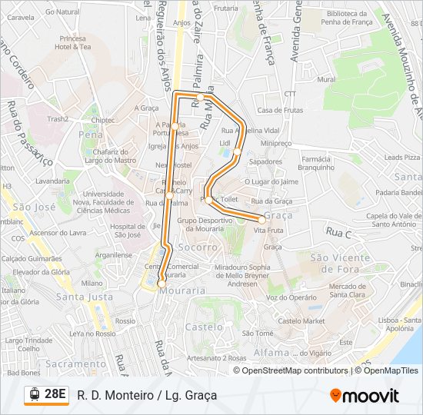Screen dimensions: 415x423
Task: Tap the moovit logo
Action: pos(365,396)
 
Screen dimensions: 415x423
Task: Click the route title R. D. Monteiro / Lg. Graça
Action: pos(147,395)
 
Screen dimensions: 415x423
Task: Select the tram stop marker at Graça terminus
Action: pos(261,220)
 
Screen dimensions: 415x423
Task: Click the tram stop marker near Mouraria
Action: pos(162,284)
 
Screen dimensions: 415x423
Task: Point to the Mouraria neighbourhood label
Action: pos(184,290)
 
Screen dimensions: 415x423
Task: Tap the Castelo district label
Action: pos(203,327)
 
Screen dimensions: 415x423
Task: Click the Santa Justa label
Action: pos(85,297)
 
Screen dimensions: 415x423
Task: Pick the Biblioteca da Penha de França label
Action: pos(348,18)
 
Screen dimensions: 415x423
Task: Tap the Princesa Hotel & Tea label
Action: pos(73,42)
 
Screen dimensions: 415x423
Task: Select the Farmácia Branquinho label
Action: pos(315,163)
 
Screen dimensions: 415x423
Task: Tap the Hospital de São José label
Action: pos(127,231)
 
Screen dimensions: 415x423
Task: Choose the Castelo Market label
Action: pos(301,320)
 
